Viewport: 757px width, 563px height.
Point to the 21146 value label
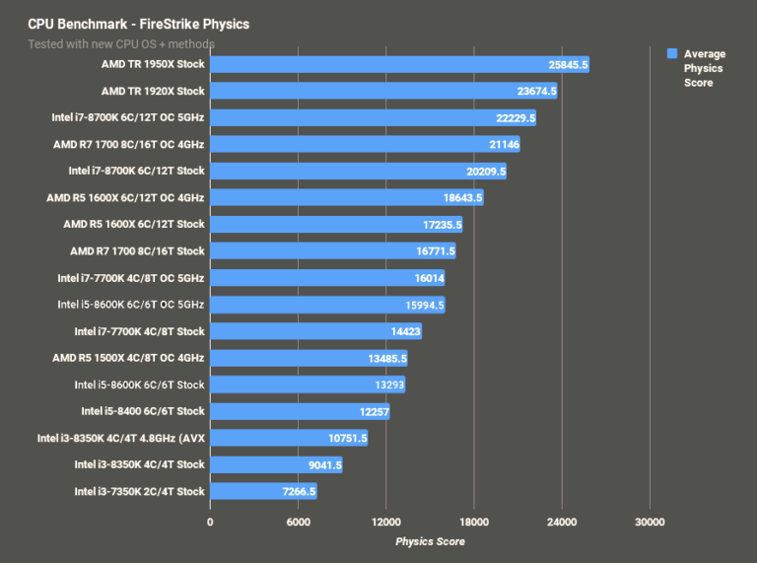tap(500, 144)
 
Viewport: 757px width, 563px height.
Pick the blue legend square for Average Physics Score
tap(671, 54)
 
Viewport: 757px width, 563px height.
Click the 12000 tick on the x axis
tap(385, 522)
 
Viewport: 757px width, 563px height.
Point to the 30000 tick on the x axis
tap(649, 522)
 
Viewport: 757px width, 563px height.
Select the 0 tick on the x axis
tap(210, 522)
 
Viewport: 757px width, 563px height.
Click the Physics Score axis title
tap(430, 541)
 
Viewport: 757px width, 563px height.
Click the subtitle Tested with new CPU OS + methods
tap(121, 43)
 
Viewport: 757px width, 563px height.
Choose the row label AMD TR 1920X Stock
tap(153, 91)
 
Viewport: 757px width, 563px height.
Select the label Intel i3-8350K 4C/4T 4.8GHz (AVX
tap(120, 438)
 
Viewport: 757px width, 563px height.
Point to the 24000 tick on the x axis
tap(561, 522)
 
